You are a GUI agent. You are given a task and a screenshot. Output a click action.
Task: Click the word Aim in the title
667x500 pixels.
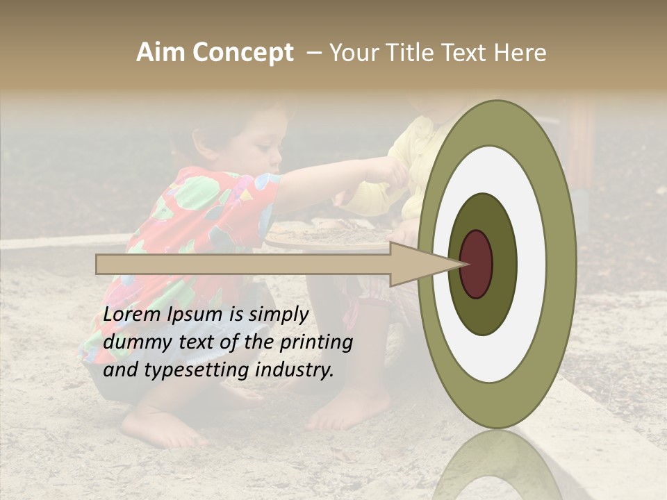pos(161,53)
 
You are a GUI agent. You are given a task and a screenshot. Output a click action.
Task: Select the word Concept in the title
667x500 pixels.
pos(243,53)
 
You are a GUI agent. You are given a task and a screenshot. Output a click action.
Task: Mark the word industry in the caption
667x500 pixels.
pos(295,370)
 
